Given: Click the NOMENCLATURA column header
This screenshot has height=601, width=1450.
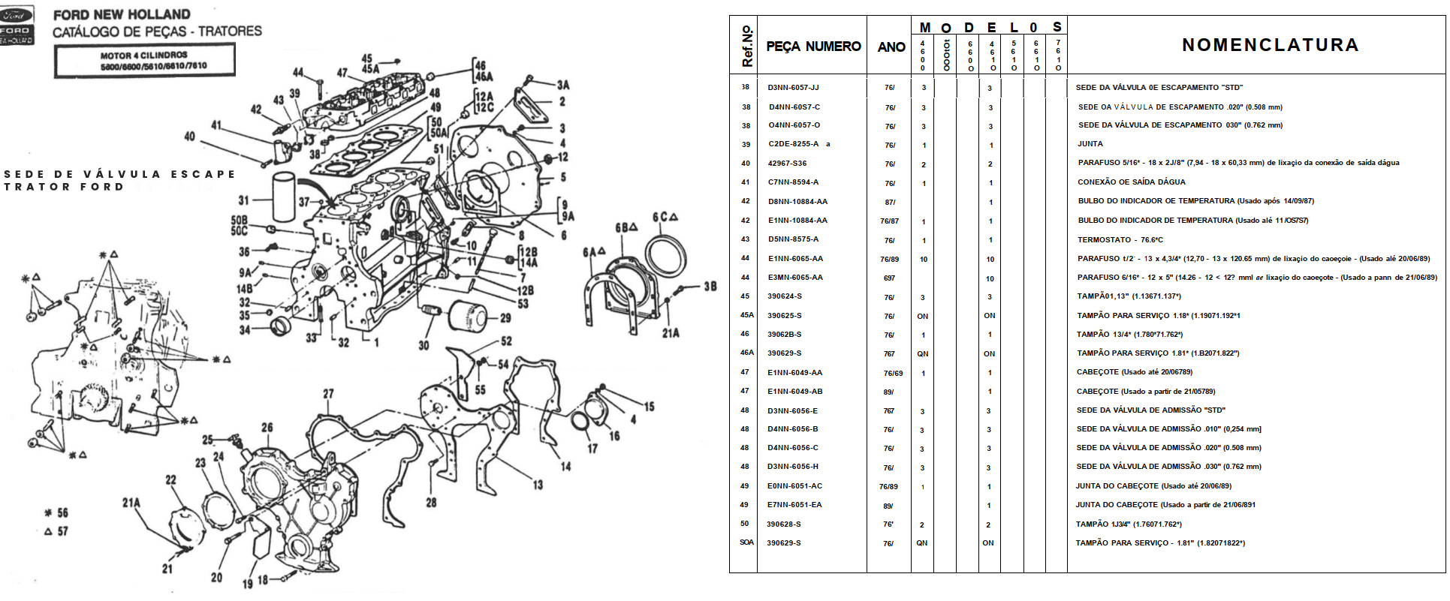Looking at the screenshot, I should point(1270,45).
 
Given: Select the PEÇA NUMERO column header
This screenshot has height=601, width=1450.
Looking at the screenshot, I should point(813,47).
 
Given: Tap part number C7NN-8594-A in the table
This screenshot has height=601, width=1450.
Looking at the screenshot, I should point(793,182).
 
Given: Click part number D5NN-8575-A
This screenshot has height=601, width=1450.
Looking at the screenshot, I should point(793,239).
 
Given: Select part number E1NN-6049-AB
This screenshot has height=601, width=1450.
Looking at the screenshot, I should point(794,392).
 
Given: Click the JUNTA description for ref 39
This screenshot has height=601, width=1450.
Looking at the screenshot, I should point(1090,144).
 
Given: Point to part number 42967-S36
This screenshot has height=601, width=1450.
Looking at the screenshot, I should point(787,163).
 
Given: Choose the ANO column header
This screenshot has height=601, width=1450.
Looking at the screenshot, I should point(891,47).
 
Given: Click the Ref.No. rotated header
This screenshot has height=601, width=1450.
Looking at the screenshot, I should point(746,46).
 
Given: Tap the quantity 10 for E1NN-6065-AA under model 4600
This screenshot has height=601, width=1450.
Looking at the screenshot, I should point(924,260).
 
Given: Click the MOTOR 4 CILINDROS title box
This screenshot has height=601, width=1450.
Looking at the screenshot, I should point(144,60).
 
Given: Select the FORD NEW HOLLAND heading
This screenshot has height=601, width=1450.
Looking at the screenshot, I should point(122,14).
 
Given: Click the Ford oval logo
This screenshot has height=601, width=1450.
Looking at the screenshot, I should point(16,15).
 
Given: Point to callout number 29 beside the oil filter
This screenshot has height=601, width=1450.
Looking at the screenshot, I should point(505,318).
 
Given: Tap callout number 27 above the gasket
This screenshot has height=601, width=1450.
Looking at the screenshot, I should point(328,394).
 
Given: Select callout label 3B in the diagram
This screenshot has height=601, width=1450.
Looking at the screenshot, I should point(710,287).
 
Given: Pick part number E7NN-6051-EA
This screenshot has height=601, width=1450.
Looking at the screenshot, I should point(794,505).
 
